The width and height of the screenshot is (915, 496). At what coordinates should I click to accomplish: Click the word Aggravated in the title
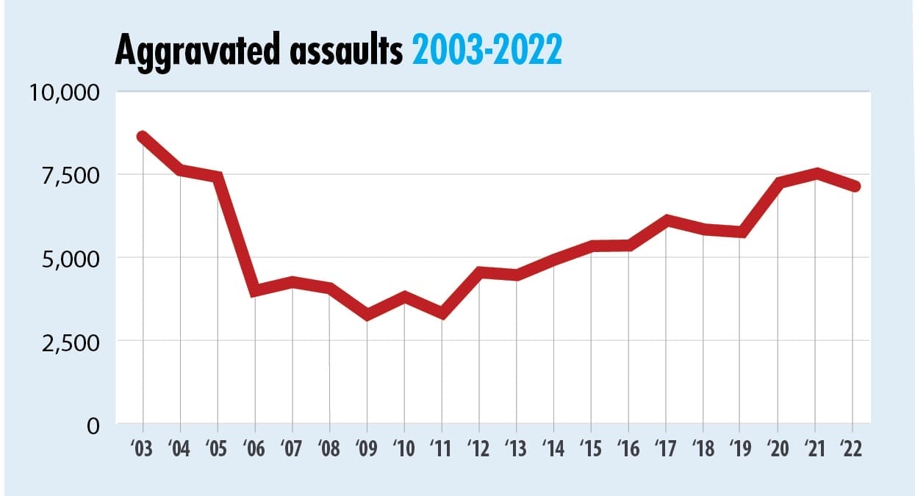(190, 51)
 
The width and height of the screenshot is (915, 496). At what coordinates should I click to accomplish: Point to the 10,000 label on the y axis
(64, 93)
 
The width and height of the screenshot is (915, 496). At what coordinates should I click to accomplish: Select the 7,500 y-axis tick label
(70, 176)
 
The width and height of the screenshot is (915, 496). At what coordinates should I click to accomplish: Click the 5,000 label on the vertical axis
(70, 259)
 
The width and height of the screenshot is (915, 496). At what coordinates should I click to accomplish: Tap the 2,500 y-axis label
(70, 342)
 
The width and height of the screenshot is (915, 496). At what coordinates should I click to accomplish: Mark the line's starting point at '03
(143, 137)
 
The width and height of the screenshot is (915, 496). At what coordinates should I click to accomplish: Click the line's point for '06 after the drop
(255, 291)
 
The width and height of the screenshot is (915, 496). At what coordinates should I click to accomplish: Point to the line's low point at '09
(367, 315)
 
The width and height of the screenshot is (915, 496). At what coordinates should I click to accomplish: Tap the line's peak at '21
(816, 173)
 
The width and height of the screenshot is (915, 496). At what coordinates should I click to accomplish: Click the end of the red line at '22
(853, 187)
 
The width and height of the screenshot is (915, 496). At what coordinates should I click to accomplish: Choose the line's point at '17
(666, 220)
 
